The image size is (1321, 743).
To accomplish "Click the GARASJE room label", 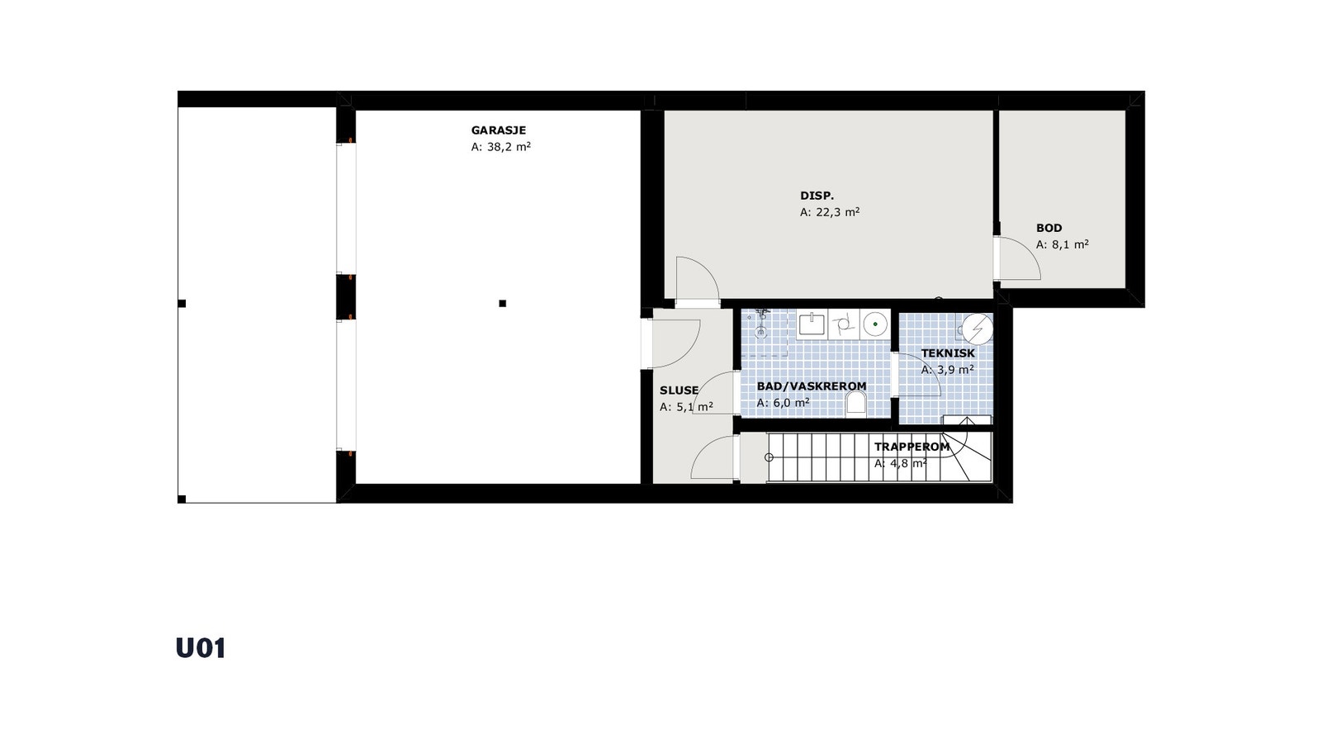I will point(498,130).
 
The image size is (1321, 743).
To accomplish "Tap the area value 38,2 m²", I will point(500,147).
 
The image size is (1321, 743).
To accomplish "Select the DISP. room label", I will point(817,196).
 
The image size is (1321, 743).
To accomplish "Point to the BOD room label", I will point(1049,228).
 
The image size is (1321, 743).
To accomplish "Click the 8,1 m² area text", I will point(1063,244).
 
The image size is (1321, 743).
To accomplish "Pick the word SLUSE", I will point(679,390).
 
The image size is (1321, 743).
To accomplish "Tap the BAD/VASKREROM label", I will point(812,386).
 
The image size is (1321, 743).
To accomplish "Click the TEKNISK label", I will point(948,353).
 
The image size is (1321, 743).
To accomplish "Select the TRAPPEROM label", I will point(911,447).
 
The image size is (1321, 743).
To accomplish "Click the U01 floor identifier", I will point(201,648).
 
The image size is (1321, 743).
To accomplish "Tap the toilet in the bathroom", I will point(856,403).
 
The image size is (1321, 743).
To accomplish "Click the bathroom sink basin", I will point(812,324).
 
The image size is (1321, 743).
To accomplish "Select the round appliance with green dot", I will point(875,324).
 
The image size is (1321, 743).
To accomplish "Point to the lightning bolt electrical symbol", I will point(979,329).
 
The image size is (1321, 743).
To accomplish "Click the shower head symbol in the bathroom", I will point(762,316).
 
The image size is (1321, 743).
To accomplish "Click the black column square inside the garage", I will point(502,304).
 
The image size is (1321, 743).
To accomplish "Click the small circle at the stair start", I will point(769,457).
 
